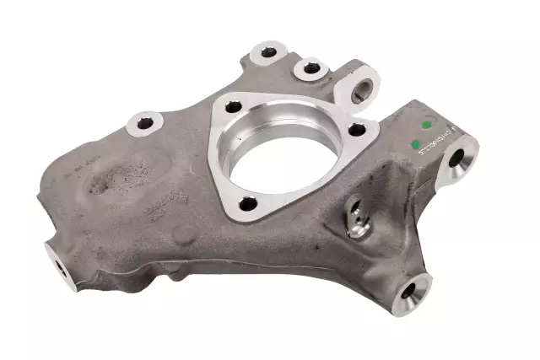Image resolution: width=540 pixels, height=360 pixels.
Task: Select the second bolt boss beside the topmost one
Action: pyautogui.click(x=311, y=67)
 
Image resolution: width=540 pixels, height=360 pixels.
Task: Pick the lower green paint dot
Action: pyautogui.click(x=414, y=146)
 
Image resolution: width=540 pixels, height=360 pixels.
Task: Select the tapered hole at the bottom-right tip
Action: pyautogui.click(x=410, y=293)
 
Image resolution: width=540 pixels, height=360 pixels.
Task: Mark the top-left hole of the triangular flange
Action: pyautogui.click(x=234, y=108)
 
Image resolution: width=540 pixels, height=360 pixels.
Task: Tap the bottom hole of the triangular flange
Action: pyautogui.click(x=246, y=202)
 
